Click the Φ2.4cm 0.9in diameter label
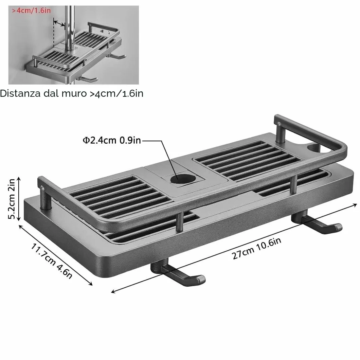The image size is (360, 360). pyautogui.click(x=112, y=140)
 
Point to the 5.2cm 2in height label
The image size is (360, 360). pyautogui.click(x=12, y=199)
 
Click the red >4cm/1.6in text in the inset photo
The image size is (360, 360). pyautogui.click(x=31, y=11)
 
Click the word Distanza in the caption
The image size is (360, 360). pyautogui.click(x=20, y=93)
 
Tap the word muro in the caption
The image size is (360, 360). pyautogui.click(x=74, y=94)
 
